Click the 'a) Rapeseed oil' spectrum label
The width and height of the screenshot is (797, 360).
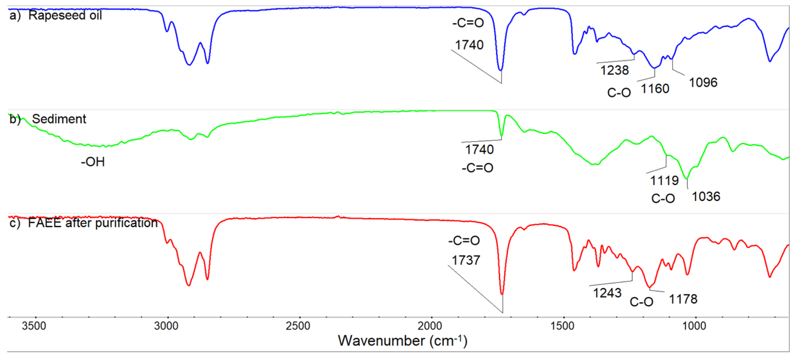point(56,15)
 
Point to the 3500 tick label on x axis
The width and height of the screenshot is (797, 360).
point(34,326)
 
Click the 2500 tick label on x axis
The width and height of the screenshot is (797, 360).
point(298,326)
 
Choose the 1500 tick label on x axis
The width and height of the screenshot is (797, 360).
point(562,326)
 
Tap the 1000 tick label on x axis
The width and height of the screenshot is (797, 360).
point(694,326)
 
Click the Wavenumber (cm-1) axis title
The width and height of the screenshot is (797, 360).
point(402,341)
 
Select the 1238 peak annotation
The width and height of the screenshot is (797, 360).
point(614,70)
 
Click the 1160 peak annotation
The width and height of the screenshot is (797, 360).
point(655,89)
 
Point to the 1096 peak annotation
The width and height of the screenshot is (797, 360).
point(703,83)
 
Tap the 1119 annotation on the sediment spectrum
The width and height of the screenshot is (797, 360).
point(664,181)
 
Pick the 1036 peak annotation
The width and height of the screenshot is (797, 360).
point(706,197)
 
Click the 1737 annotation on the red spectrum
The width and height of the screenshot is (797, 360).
point(466,261)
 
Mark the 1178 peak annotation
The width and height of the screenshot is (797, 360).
point(683,299)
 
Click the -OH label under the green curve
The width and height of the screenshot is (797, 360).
point(93,162)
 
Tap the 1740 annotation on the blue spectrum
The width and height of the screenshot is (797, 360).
point(469,45)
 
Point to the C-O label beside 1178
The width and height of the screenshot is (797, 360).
point(641,302)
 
